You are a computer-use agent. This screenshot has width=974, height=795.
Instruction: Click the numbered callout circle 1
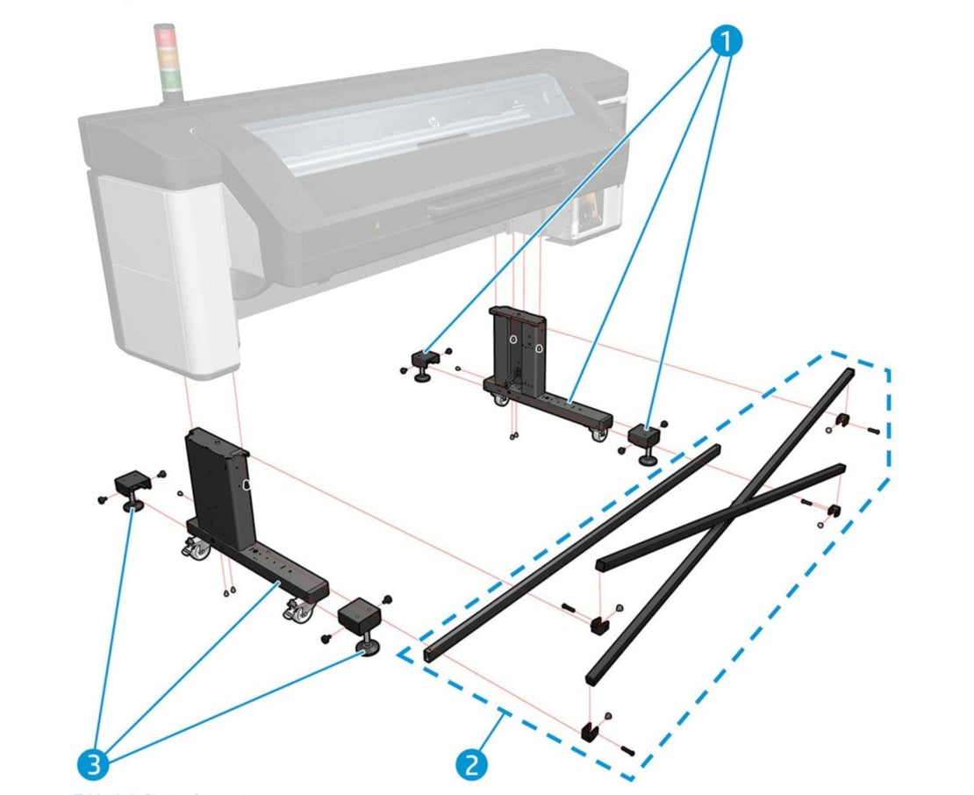(725, 41)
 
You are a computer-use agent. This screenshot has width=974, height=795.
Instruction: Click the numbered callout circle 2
(471, 765)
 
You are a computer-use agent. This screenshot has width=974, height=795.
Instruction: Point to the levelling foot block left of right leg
(426, 361)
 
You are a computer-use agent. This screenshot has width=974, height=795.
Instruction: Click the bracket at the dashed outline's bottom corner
(589, 731)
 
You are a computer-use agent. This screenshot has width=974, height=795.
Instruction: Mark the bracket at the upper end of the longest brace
(841, 421)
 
